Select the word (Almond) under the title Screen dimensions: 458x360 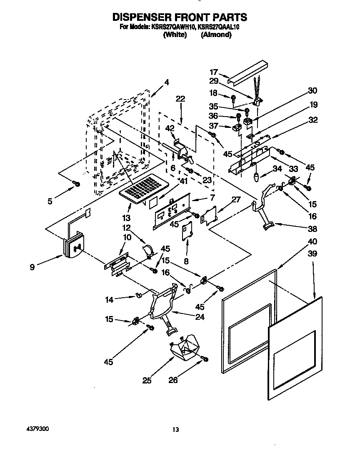pyautogui.click(x=216, y=35)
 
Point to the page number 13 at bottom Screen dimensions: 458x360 pyautogui.click(x=176, y=430)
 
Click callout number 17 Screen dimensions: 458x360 pyautogui.click(x=214, y=71)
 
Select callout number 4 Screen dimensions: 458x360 pyautogui.click(x=167, y=82)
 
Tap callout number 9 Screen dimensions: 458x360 pyautogui.click(x=32, y=267)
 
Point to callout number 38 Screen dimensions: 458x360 pyautogui.click(x=312, y=229)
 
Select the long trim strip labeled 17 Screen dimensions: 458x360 pyautogui.click(x=248, y=72)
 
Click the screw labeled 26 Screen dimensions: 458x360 pyautogui.click(x=204, y=358)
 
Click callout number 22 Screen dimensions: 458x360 pyautogui.click(x=180, y=99)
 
